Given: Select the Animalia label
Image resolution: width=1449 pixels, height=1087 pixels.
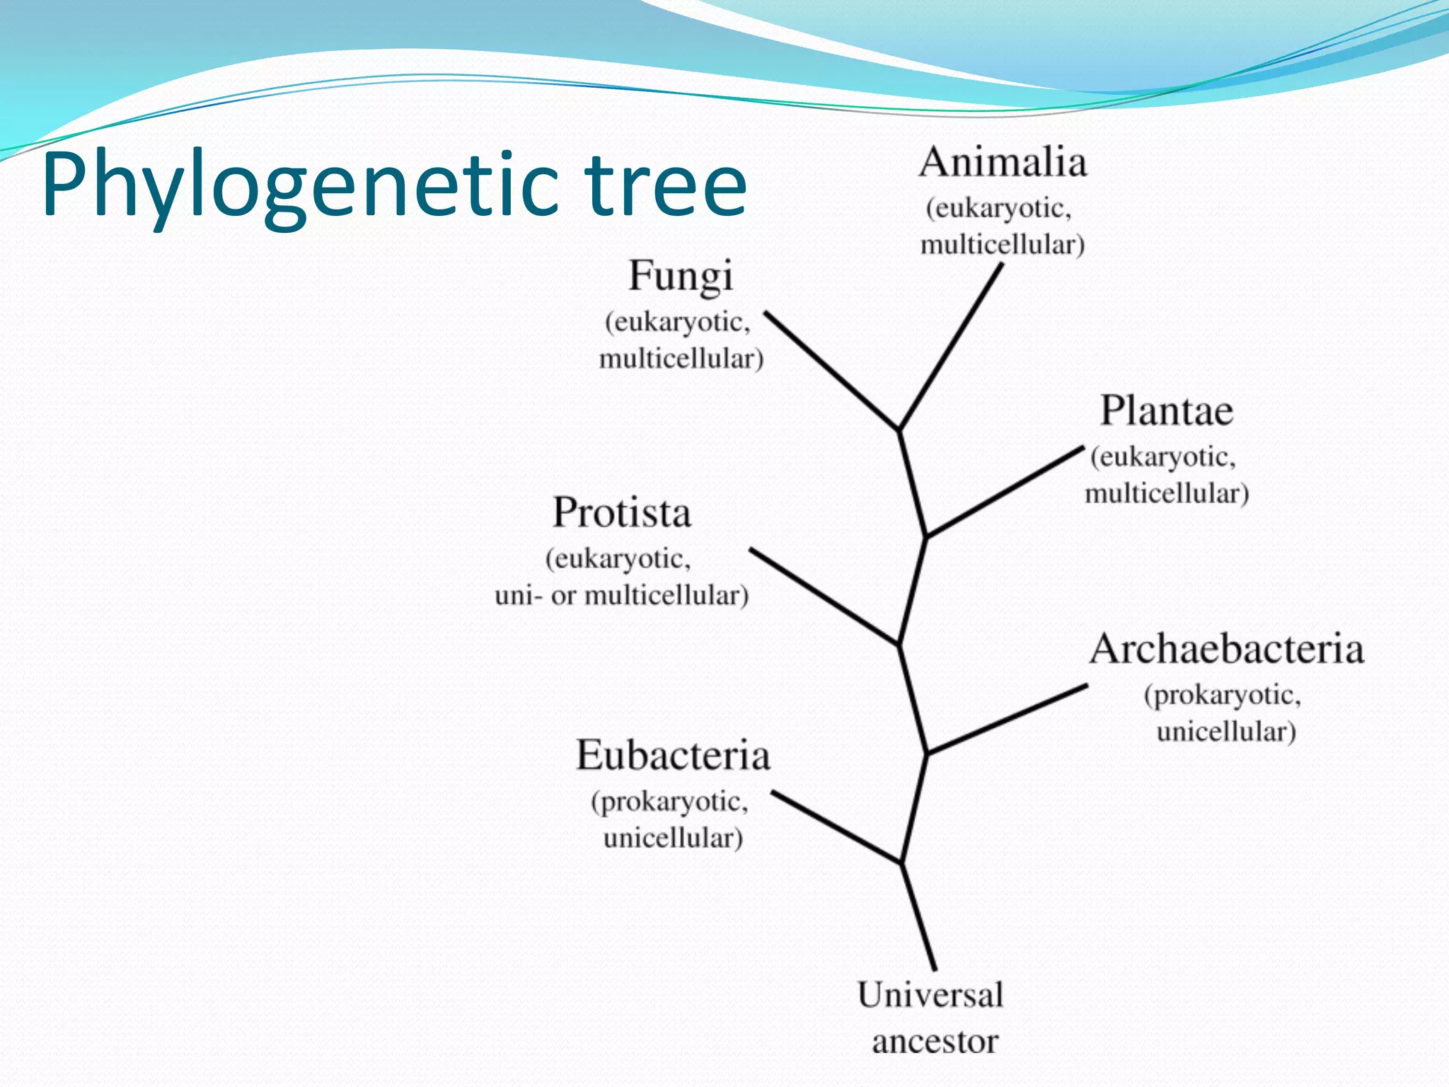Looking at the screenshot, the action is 1003,163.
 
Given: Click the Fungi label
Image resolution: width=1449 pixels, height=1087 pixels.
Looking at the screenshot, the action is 681,276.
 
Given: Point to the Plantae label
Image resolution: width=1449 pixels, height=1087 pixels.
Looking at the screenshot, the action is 1167,411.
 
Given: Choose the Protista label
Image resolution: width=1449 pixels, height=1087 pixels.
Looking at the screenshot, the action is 621,512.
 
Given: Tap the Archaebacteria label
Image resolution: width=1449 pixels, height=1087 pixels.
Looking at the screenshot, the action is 1226,649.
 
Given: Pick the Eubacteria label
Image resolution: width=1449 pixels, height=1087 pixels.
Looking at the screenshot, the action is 673,755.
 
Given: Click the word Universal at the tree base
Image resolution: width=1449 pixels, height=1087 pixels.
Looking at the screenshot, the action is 930,995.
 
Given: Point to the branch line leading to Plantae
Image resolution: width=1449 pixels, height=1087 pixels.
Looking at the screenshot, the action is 1005,492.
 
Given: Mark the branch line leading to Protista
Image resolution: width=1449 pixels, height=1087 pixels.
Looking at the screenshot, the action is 824,596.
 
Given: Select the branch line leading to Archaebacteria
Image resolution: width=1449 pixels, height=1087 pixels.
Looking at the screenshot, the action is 1008,719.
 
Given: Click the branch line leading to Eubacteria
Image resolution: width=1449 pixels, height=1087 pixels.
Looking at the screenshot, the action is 836,827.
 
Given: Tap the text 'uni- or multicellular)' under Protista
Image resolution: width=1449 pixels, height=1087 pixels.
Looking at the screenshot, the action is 621,596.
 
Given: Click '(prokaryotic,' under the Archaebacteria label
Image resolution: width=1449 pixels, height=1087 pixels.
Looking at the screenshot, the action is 1223,695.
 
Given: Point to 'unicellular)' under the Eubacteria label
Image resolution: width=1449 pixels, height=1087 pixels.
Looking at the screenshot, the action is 673,839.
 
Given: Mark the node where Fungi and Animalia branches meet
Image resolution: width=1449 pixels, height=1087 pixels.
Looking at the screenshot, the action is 899,430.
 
